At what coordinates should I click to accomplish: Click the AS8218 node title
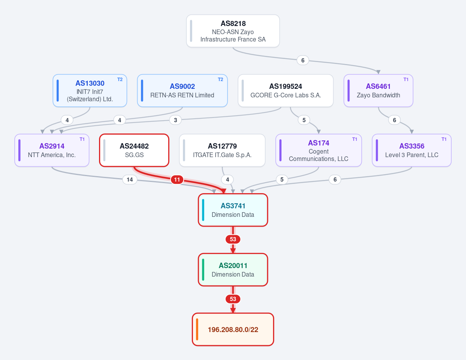[233, 23]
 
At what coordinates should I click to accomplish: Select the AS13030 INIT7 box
[90, 91]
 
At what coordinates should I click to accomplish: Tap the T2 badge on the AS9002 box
[221, 80]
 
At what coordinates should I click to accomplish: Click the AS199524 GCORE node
[285, 91]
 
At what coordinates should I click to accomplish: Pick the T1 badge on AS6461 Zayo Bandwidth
[406, 80]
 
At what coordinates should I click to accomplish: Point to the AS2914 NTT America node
[52, 151]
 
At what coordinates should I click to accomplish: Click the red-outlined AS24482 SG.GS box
[134, 151]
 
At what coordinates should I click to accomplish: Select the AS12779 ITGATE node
[222, 151]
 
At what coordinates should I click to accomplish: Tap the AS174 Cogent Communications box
[319, 151]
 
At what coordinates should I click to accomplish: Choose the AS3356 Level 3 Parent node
[412, 151]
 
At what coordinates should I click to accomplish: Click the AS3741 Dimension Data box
[233, 210]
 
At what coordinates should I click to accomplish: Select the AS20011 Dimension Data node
[233, 270]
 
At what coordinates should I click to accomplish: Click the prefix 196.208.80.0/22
[233, 330]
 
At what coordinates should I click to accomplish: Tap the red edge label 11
[177, 180]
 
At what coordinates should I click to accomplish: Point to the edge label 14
[130, 180]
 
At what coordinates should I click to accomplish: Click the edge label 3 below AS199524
[176, 120]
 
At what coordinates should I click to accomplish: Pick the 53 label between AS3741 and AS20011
[233, 239]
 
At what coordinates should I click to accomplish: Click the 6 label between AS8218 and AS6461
[303, 61]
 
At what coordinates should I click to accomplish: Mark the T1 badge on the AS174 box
[355, 139]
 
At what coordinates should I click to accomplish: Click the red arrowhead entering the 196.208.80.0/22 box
[233, 310]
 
